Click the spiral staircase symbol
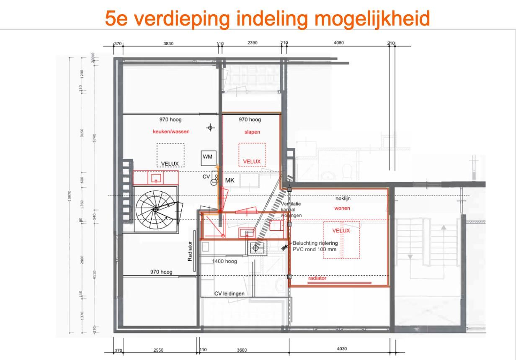[155, 209]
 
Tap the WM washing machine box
[208, 157]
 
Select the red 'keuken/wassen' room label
[171, 131]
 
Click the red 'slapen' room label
[252, 132]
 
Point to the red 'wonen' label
[342, 208]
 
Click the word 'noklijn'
[343, 198]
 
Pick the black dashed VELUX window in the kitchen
[170, 155]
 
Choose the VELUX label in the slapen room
[252, 162]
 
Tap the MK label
[230, 180]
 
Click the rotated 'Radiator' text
[190, 251]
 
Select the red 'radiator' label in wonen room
[317, 278]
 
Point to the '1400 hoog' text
[224, 262]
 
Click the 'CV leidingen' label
[229, 293]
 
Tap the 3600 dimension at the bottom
[242, 350]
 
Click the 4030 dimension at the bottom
[342, 349]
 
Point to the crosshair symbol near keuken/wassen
[211, 128]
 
